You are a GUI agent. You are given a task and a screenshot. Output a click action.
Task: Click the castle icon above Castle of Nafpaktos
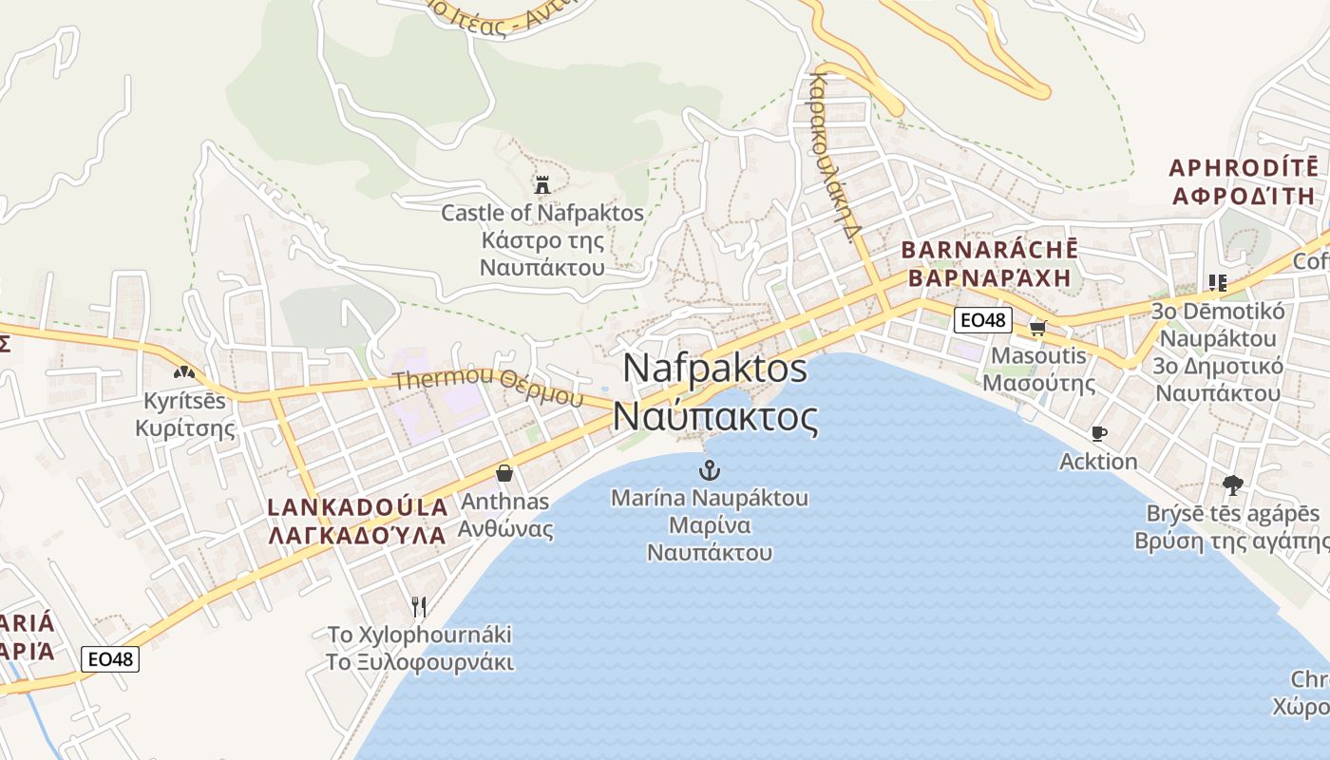[542, 183]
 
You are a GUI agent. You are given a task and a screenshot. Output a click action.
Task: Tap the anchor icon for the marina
[709, 469]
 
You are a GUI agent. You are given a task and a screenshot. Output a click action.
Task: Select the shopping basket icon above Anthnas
[504, 472]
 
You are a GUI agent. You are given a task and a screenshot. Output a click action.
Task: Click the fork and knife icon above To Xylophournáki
[419, 606]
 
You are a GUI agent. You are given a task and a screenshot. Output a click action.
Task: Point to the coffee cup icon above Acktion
[1099, 434]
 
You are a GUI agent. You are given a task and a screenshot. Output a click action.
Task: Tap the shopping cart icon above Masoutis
[1037, 327]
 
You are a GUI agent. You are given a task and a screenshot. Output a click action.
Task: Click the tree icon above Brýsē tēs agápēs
[1232, 485]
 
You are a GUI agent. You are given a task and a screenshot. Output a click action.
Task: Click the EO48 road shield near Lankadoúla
[110, 658]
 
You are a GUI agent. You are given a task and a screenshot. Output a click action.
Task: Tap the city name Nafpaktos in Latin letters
[715, 369]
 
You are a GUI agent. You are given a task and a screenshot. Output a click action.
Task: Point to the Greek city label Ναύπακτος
[715, 416]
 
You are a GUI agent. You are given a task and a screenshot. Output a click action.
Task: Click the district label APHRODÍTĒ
[1244, 168]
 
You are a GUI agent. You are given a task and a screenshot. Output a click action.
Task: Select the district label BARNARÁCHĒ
[989, 250]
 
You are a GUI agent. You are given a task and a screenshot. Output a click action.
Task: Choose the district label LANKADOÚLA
[358, 506]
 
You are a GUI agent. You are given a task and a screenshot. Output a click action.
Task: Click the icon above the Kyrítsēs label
[184, 371]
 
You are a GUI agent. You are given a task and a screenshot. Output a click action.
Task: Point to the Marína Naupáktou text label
[710, 498]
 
